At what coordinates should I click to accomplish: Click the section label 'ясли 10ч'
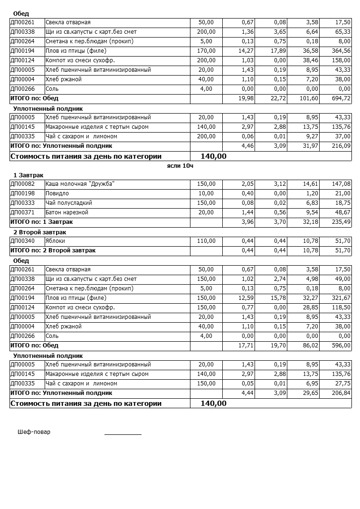(x=180, y=166)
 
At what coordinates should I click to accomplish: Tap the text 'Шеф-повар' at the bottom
(x=34, y=432)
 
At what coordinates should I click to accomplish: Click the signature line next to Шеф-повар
(x=123, y=434)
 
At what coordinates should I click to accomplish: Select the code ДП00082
(x=23, y=184)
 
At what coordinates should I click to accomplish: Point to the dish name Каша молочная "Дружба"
(x=80, y=184)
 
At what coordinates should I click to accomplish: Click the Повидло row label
(x=57, y=193)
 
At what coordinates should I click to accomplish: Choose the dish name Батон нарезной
(x=67, y=212)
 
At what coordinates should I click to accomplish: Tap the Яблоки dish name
(x=55, y=241)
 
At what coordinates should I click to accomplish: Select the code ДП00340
(x=23, y=241)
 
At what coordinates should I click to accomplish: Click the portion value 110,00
(x=206, y=241)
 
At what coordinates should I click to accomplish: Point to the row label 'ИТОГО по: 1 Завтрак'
(x=41, y=222)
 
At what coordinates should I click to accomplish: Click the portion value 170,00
(x=206, y=51)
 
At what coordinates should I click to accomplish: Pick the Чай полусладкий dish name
(x=69, y=203)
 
